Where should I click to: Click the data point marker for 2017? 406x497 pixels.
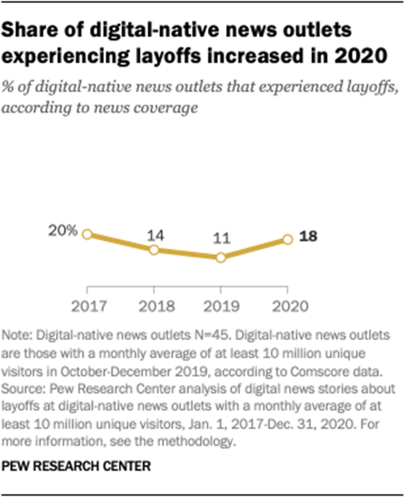(87, 234)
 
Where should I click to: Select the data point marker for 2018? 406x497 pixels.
(154, 250)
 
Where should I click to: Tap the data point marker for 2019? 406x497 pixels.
(221, 258)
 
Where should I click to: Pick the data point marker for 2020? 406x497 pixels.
(287, 239)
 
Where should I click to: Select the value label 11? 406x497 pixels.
(221, 238)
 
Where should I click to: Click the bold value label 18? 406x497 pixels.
(309, 238)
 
